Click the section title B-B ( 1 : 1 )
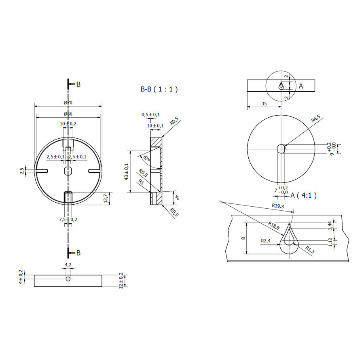159,89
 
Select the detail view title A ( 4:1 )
303,195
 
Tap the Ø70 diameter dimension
68,103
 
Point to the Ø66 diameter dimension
68,114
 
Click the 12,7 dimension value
106,198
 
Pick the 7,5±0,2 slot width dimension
68,220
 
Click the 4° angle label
176,199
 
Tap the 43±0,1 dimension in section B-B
126,172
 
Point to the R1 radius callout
141,182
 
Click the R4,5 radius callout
315,119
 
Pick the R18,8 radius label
274,225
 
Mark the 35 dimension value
264,104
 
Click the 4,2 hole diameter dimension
68,265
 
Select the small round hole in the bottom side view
68,279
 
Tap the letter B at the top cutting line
78,84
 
